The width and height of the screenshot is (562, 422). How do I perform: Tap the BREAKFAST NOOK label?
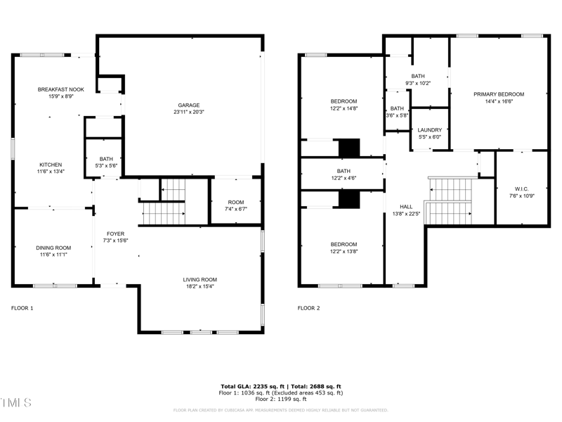pos(60,89)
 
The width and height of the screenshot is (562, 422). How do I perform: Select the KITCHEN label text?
pos(51,164)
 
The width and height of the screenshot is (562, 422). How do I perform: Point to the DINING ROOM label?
pos(54,248)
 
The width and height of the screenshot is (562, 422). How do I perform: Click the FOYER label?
pos(115,234)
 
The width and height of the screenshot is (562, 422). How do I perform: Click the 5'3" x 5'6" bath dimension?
pos(106,165)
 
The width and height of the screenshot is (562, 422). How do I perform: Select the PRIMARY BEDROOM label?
pos(499,94)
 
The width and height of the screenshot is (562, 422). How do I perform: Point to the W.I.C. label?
pos(521,188)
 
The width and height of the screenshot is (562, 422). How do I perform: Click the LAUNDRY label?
pos(429,130)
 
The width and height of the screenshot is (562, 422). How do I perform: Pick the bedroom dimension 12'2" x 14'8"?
pos(344,108)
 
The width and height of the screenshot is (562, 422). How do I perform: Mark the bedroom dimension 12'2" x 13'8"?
pos(344,251)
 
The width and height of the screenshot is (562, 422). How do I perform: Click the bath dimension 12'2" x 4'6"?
pos(344,178)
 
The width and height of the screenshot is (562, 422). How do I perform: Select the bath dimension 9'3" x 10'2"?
pos(419,84)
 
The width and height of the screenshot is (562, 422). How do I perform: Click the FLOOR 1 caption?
pos(22,308)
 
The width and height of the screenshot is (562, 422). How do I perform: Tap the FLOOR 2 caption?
pos(308,308)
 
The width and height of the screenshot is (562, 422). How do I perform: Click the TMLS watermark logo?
pos(17,403)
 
